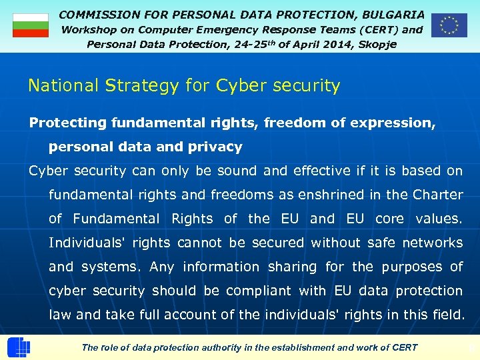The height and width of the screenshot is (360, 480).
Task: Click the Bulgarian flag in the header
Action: pyautogui.click(x=31, y=25)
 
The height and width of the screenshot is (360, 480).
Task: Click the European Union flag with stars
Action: pyautogui.click(x=449, y=25)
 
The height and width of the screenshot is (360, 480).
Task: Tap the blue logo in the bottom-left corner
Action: pyautogui.click(x=19, y=348)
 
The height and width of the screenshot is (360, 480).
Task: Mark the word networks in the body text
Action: pyautogui.click(x=433, y=243)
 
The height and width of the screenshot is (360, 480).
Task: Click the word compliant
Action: pyautogui.click(x=259, y=291)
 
